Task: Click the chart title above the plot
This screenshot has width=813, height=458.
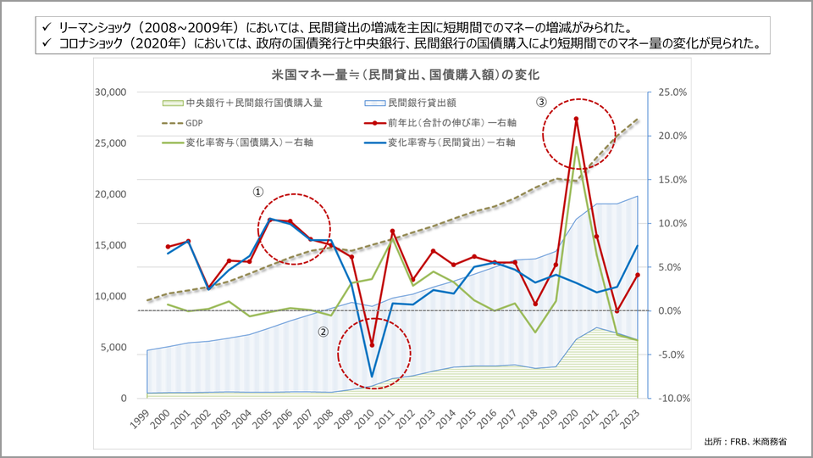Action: click(x=406, y=75)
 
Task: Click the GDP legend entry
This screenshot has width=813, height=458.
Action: click(x=207, y=122)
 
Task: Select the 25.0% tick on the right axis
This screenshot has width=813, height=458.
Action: click(x=670, y=92)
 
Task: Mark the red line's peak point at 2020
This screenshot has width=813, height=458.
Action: click(x=576, y=120)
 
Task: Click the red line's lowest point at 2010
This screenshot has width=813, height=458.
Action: click(x=372, y=345)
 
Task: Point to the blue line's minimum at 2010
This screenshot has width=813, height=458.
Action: click(x=372, y=376)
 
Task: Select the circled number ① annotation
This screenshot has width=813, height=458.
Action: click(x=257, y=193)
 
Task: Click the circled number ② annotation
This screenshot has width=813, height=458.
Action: click(x=323, y=332)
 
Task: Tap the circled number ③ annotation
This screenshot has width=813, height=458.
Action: click(x=541, y=102)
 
